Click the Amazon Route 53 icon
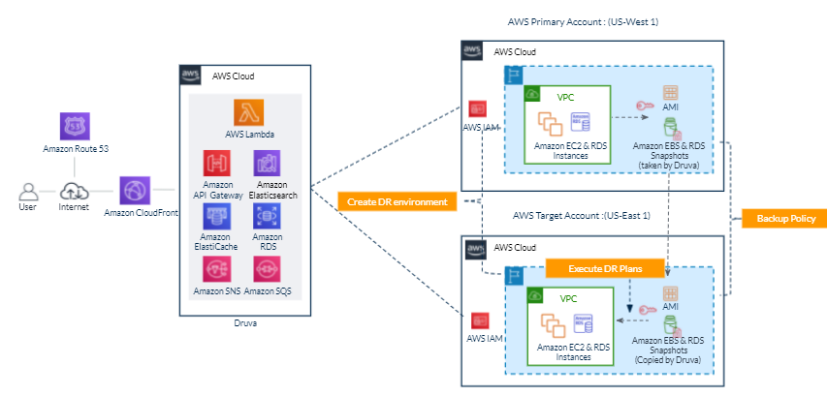click(x=74, y=126)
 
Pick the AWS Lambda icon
click(x=246, y=112)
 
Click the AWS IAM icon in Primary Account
click(x=478, y=109)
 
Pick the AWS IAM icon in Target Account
click(x=478, y=320)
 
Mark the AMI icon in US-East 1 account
click(x=670, y=292)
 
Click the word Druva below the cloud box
click(x=246, y=323)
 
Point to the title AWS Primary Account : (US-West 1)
click(x=589, y=20)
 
